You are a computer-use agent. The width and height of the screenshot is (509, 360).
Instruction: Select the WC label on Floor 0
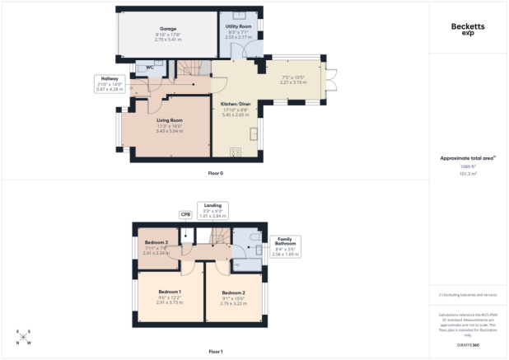coord(151,68)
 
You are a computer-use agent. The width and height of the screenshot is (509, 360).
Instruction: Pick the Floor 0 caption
coord(216,174)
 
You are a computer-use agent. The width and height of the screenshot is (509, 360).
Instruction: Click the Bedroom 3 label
coord(156,242)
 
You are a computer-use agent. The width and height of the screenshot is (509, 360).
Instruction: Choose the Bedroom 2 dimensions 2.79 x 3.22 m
coord(232,303)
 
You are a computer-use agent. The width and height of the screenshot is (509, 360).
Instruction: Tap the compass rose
coord(25,337)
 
